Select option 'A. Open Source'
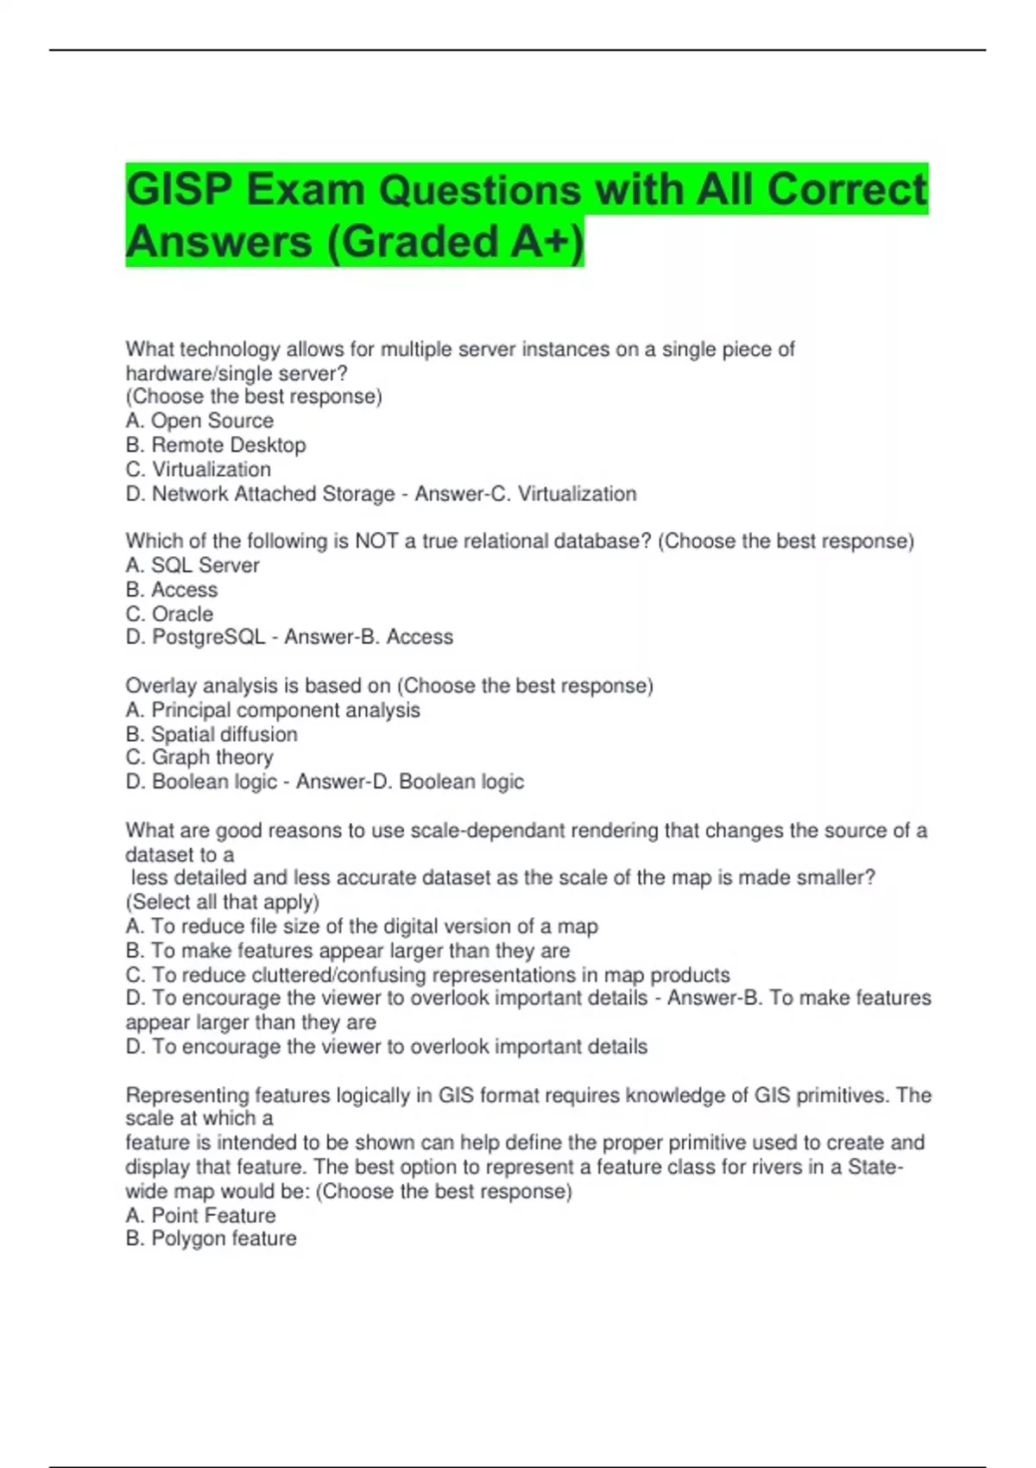pyautogui.click(x=199, y=421)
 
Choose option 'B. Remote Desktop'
pyautogui.click(x=216, y=445)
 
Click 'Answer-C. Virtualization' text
pyautogui.click(x=525, y=494)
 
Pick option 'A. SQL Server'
pyautogui.click(x=193, y=566)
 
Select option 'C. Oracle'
pyautogui.click(x=169, y=614)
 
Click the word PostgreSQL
pyautogui.click(x=208, y=637)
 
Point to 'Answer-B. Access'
pyautogui.click(x=369, y=637)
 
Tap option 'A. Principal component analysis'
pyautogui.click(x=273, y=710)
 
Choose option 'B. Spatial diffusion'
pyautogui.click(x=212, y=734)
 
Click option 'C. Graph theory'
pyautogui.click(x=199, y=757)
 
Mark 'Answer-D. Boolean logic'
pyautogui.click(x=409, y=781)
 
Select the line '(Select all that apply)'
pyautogui.click(x=223, y=902)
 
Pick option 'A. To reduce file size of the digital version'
pyautogui.click(x=362, y=927)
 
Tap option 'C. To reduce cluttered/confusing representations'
pyautogui.click(x=428, y=975)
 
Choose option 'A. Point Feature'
pyautogui.click(x=200, y=1215)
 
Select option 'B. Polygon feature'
pyautogui.click(x=211, y=1238)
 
